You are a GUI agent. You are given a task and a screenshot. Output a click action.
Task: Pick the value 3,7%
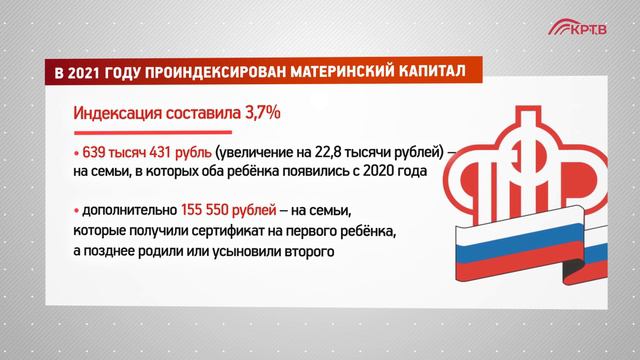tap(257, 113)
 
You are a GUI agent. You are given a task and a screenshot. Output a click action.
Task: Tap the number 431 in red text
tap(155, 152)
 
